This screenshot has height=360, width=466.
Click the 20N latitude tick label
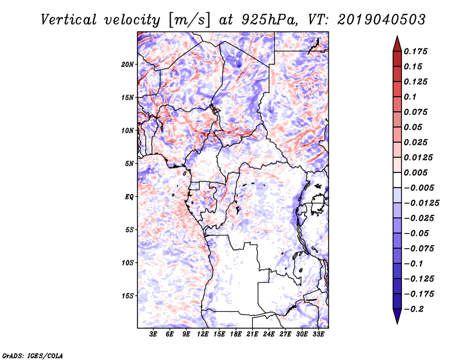point(128,65)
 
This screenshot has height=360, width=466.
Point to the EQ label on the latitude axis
point(129,197)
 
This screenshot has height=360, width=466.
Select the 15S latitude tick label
point(128,296)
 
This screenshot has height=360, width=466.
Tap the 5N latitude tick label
point(129,164)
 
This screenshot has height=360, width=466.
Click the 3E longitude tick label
point(153,334)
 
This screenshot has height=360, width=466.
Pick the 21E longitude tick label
point(252,334)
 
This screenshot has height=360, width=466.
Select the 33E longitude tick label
point(318,334)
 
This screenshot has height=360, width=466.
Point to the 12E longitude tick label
point(203,334)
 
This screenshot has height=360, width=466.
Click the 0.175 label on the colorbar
point(415,51)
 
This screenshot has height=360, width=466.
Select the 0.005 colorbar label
point(415,172)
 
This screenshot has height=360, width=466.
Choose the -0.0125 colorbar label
point(421,203)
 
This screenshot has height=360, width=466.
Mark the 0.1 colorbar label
point(410,97)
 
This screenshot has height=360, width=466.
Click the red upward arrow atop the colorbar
point(397,44)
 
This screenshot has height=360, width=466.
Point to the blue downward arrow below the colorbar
point(397,316)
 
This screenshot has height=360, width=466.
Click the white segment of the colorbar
point(397,180)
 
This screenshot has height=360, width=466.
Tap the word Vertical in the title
point(69,20)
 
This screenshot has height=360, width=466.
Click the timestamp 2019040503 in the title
point(382,20)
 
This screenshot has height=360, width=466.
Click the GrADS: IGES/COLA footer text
point(33,355)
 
